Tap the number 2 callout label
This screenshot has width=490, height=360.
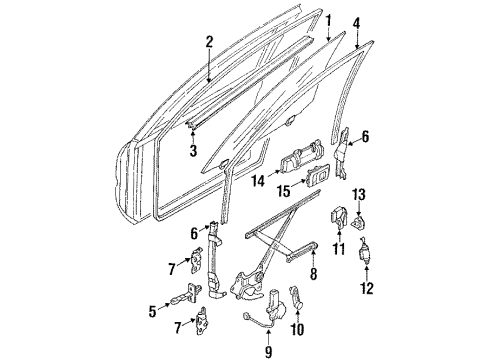point(209,42)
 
